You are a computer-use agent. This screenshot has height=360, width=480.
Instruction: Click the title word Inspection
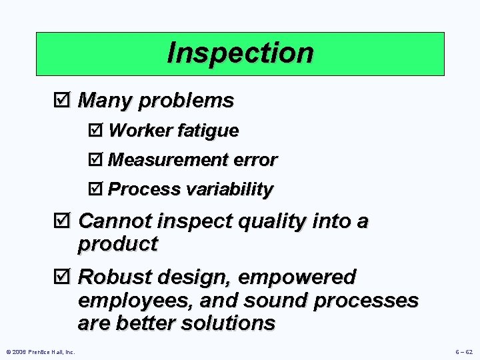click(x=240, y=53)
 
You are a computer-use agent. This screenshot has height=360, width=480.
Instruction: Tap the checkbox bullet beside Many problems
click(x=65, y=101)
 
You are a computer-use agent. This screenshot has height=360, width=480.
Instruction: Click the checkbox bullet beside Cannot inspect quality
click(x=65, y=221)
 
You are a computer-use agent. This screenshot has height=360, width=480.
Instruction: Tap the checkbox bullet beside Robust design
click(x=65, y=277)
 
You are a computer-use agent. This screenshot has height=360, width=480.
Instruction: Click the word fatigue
click(x=207, y=131)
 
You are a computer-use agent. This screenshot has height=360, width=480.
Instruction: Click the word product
click(x=117, y=244)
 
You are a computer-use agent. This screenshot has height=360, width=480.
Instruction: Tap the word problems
click(x=193, y=101)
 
